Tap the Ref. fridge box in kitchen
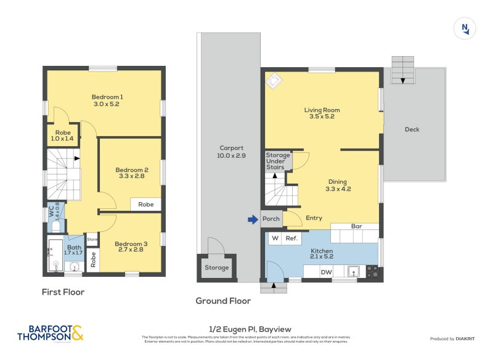coord(291,238)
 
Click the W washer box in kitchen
coord(275,238)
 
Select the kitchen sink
coord(354,271)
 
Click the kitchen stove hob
coord(372,271)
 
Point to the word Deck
coord(412,129)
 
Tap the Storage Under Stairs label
coord(278,161)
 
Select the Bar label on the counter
coord(356,226)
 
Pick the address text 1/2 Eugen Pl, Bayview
coord(246,329)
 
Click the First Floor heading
coord(63,292)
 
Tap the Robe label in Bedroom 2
coord(145,205)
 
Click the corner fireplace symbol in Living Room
coord(273,80)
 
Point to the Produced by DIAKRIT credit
coord(455,339)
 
